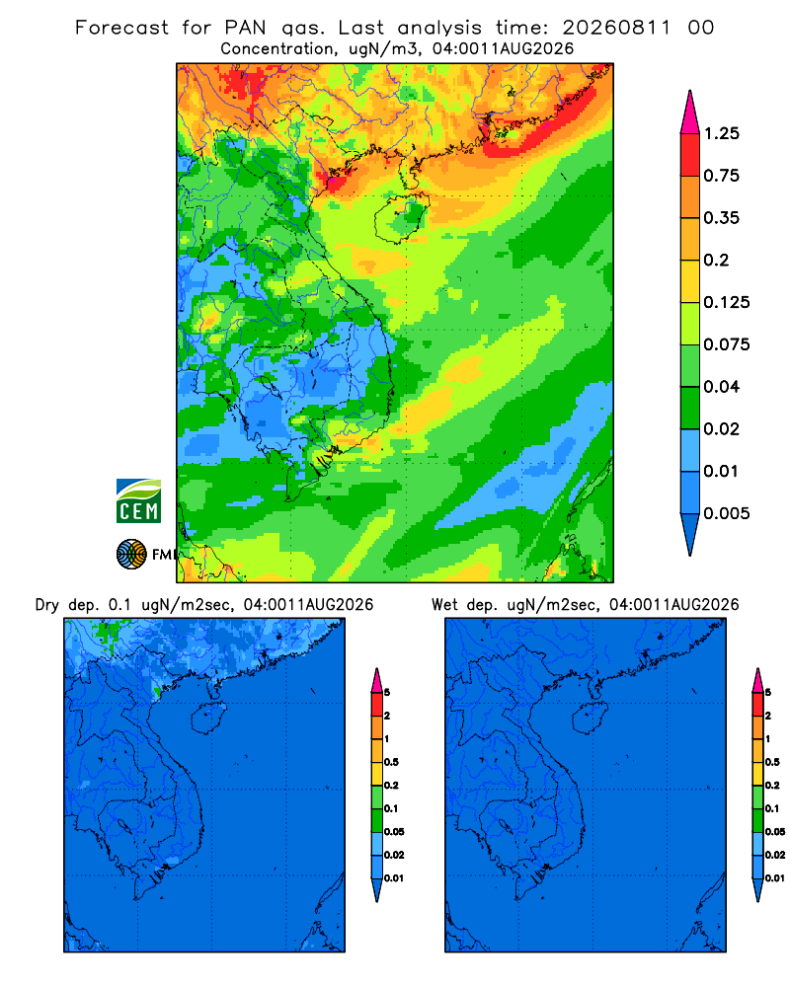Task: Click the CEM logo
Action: [x=138, y=500]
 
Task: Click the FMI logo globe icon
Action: [x=131, y=554]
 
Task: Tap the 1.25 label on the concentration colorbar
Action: [x=721, y=133]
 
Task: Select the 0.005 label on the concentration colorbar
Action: [x=727, y=513]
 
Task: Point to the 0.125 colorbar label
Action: [x=727, y=302]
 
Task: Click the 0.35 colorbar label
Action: [x=721, y=218]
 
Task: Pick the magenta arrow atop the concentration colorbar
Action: [x=690, y=112]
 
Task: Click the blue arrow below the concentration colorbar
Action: [x=690, y=534]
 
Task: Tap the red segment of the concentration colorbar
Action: [x=690, y=155]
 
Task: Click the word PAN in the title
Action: [x=245, y=28]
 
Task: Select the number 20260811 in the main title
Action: [x=617, y=28]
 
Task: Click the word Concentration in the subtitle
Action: [x=277, y=49]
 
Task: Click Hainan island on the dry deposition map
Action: [x=208, y=719]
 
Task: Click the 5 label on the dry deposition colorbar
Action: [x=387, y=693]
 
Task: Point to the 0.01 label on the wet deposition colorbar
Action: [x=775, y=878]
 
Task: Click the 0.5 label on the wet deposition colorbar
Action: [x=772, y=762]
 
